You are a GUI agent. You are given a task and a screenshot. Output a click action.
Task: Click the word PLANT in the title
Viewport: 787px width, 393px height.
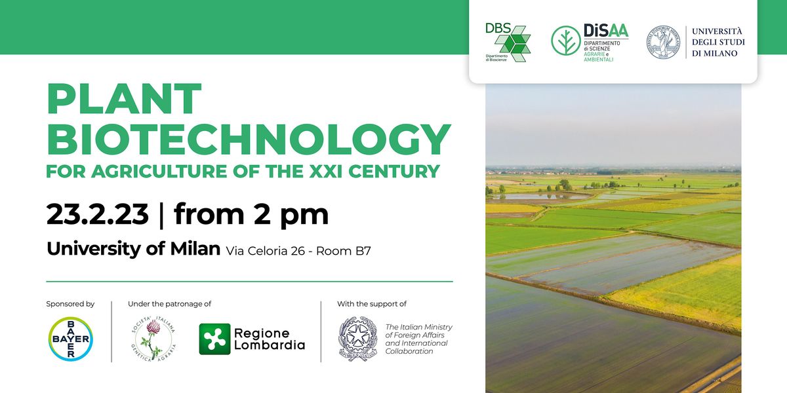point(124,100)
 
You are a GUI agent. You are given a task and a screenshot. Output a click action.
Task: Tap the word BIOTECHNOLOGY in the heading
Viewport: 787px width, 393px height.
point(249,139)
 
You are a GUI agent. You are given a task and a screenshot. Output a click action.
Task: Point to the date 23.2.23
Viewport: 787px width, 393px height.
point(97,214)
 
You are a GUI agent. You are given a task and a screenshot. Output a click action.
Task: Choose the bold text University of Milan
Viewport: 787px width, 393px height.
point(133,250)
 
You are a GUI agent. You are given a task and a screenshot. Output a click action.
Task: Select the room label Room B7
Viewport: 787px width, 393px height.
point(344,251)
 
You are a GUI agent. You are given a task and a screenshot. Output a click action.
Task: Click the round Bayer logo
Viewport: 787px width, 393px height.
point(70,339)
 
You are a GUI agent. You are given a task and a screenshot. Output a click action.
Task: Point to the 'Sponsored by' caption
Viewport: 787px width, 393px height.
point(70,304)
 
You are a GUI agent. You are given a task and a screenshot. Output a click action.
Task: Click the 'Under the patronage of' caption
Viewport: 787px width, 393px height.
point(169,304)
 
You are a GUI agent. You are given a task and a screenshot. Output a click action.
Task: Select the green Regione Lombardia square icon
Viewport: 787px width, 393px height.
point(214,339)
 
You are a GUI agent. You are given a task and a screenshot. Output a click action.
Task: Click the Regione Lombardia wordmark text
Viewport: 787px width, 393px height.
point(270,339)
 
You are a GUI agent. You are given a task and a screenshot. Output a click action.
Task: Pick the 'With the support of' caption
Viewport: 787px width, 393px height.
point(372,304)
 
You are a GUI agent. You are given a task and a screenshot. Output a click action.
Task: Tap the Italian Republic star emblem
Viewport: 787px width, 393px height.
point(357,339)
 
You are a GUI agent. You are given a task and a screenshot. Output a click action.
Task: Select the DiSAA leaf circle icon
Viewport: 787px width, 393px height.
point(565,41)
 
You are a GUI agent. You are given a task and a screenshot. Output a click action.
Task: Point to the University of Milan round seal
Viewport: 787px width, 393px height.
point(663,43)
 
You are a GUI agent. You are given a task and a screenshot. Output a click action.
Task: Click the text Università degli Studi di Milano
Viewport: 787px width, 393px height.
point(718,43)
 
